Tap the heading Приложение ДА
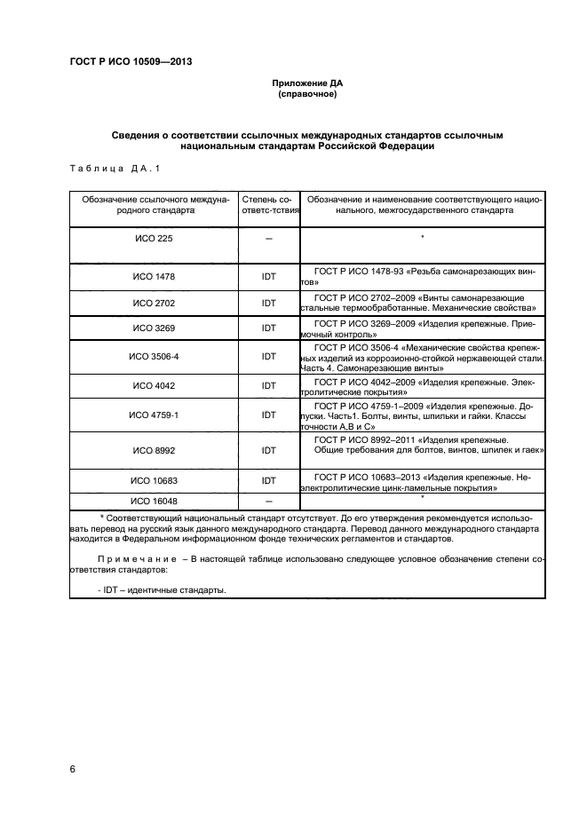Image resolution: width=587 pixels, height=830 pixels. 307,83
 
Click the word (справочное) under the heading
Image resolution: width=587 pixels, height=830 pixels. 307,94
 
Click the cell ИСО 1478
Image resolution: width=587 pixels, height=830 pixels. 154,276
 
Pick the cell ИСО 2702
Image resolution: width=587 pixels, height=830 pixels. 154,303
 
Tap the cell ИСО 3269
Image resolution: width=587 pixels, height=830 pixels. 154,328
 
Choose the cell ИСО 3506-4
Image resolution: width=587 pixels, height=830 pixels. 154,356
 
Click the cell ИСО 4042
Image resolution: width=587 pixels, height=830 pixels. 154,386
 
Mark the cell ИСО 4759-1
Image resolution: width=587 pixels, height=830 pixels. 154,415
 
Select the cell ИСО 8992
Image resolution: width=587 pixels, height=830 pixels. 154,451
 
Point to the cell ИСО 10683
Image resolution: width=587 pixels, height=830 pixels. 154,480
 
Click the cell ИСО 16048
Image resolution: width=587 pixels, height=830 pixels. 154,501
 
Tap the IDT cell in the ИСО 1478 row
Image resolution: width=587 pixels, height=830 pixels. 268,276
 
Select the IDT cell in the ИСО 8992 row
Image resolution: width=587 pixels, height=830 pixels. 268,451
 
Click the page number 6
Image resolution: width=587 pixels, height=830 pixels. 72,769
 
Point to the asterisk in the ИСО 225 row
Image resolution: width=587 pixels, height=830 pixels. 423,237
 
